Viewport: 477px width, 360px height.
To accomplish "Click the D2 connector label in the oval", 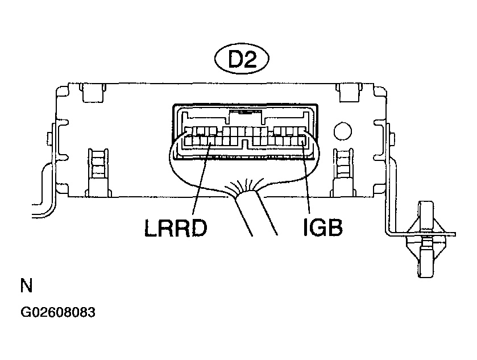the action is point(242,59).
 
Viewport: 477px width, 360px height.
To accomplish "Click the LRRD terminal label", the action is point(176,228).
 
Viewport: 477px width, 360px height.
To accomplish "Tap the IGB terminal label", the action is point(323,227).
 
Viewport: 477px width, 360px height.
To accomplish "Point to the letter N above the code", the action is point(26,285).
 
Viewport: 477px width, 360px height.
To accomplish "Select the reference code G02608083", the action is point(58,312).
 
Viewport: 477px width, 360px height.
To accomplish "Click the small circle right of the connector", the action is point(343,131).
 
